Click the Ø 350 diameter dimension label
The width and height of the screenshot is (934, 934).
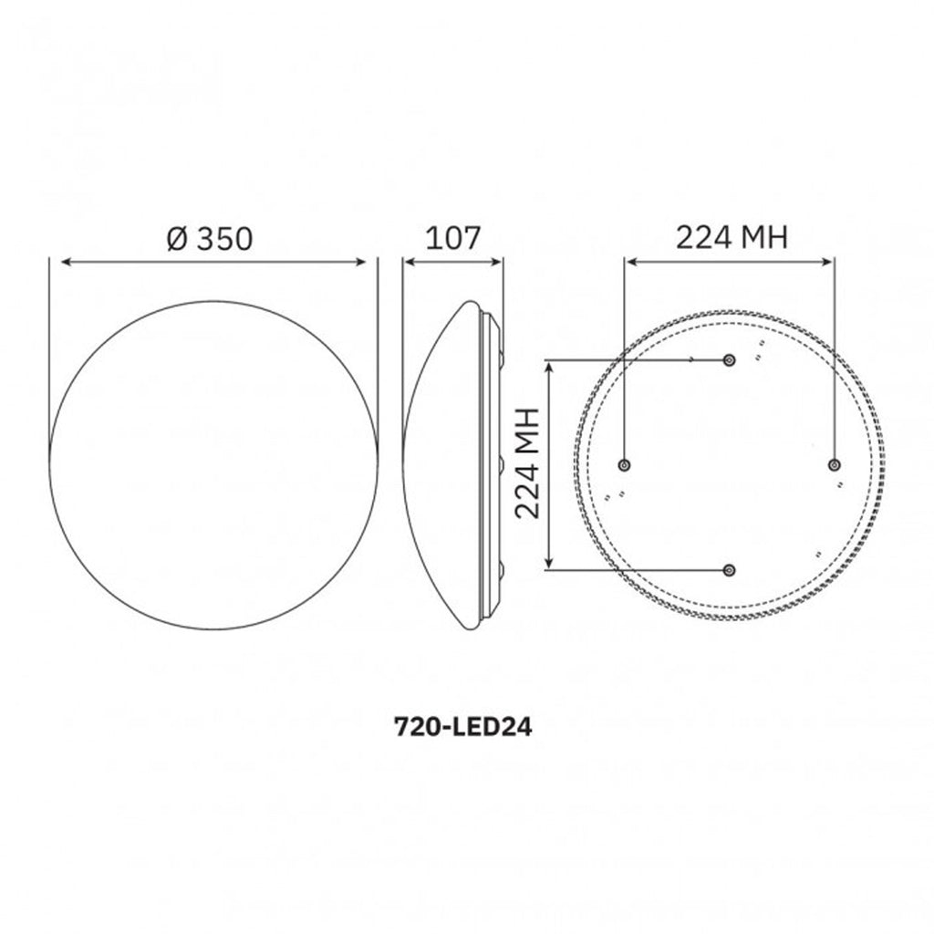pos(210,238)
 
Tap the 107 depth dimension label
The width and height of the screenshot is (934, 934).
pos(452,238)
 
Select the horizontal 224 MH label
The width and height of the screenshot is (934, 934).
pos(732,237)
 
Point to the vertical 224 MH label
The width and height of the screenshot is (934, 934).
pos(528,463)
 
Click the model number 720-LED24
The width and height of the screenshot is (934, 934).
pos(462,727)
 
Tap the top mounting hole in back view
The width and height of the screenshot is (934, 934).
pos(729,359)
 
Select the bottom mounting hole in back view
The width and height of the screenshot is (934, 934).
pos(729,570)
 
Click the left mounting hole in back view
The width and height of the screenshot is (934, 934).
pos(624,465)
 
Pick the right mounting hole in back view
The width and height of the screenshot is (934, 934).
pos(835,465)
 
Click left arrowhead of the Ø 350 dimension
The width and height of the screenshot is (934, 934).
pos(67,262)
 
